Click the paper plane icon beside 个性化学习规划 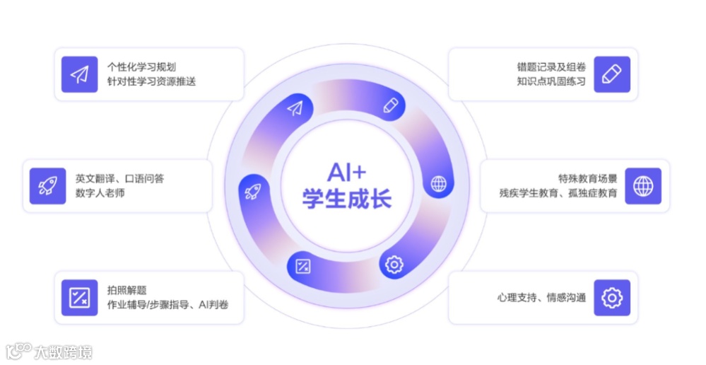pyautogui.click(x=79, y=74)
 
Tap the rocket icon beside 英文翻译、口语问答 pyautogui.click(x=48, y=186)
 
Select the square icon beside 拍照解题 pyautogui.click(x=79, y=298)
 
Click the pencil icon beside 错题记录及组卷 pyautogui.click(x=611, y=74)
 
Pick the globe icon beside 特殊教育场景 pyautogui.click(x=643, y=186)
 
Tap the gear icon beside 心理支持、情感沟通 pyautogui.click(x=611, y=298)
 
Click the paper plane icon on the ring pyautogui.click(x=295, y=108)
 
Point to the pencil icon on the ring pyautogui.click(x=390, y=105)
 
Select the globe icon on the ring pyautogui.click(x=439, y=184)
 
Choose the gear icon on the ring pyautogui.click(x=394, y=265)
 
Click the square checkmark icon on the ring pyautogui.click(x=303, y=267)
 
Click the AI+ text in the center pyautogui.click(x=346, y=173)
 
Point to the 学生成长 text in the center pyautogui.click(x=346, y=198)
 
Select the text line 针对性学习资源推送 pyautogui.click(x=151, y=81)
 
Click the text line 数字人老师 pyautogui.click(x=100, y=193)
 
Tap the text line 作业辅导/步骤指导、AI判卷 pyautogui.click(x=167, y=305)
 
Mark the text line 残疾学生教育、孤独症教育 pyautogui.click(x=558, y=193)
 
